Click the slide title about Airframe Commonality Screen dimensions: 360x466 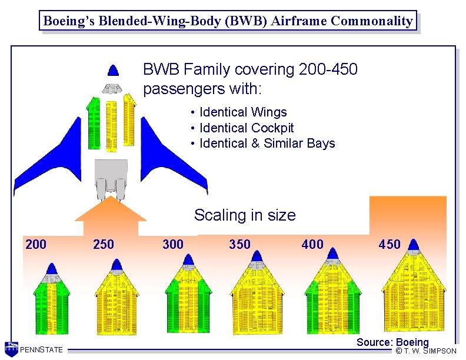(228, 21)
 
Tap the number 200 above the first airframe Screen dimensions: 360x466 (36, 244)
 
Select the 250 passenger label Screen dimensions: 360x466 (104, 244)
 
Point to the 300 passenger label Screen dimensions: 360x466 (173, 244)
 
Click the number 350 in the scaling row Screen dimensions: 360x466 (239, 244)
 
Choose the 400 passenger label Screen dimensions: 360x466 (312, 244)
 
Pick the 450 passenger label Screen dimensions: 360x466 (390, 244)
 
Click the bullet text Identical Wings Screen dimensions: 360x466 (243, 112)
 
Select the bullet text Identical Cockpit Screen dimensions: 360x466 (247, 128)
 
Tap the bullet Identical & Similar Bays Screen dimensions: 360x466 (267, 143)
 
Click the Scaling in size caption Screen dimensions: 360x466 (245, 215)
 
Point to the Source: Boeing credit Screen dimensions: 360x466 (392, 342)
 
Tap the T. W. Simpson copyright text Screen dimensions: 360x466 (426, 351)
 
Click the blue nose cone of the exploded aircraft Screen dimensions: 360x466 (114, 70)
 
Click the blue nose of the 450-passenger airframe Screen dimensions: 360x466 (413, 245)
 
